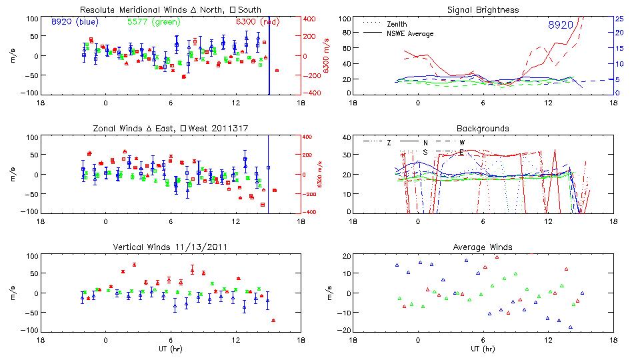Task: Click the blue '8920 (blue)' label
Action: point(75,22)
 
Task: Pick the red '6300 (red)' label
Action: point(251,22)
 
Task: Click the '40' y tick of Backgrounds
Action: point(347,138)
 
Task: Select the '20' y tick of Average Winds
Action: point(347,257)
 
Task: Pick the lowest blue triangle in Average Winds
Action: point(571,327)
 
